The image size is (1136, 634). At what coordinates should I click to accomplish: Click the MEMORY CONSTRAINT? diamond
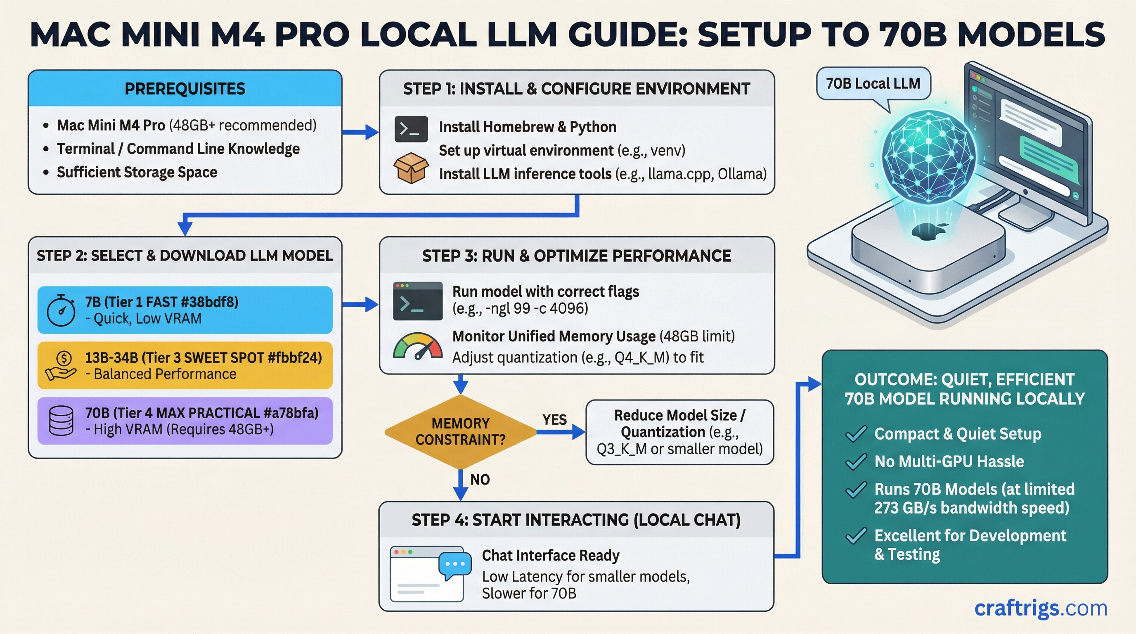tap(460, 431)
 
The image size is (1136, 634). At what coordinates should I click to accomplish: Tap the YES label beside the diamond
tap(554, 419)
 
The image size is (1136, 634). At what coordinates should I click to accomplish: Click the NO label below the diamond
tap(480, 479)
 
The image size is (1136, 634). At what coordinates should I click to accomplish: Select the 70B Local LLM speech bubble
tap(873, 83)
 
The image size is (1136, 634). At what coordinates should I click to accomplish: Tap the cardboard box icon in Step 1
tap(411, 168)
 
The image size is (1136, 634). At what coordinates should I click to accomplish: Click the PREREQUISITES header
tap(185, 89)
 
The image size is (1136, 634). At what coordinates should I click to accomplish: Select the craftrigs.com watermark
tap(1040, 608)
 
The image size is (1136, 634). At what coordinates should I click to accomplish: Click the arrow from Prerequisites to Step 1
tap(360, 131)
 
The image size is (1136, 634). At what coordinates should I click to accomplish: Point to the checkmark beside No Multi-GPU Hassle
tap(856, 461)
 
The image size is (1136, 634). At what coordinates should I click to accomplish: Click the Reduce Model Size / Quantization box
tap(679, 432)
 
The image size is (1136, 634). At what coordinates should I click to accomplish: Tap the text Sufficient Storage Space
tap(137, 172)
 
